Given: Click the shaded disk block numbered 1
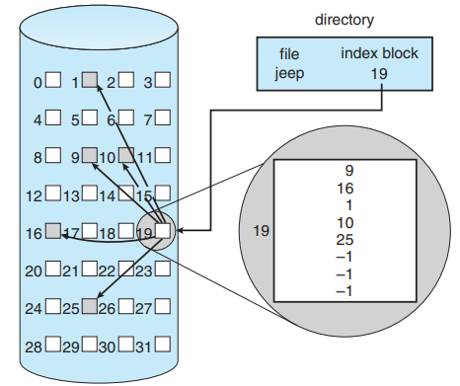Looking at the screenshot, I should [x=89, y=81].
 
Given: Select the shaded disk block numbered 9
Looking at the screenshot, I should [x=89, y=156].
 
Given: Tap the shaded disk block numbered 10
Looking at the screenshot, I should [x=126, y=156].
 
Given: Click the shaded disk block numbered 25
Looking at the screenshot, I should [x=89, y=307].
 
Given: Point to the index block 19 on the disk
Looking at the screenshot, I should [x=163, y=232].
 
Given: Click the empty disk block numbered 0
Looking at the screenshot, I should [x=52, y=81].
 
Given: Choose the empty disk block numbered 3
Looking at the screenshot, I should [x=163, y=81].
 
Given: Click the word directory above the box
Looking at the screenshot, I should [x=345, y=19].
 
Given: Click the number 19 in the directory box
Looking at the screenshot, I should [x=380, y=73].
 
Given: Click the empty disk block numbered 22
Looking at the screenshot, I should [x=126, y=270].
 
